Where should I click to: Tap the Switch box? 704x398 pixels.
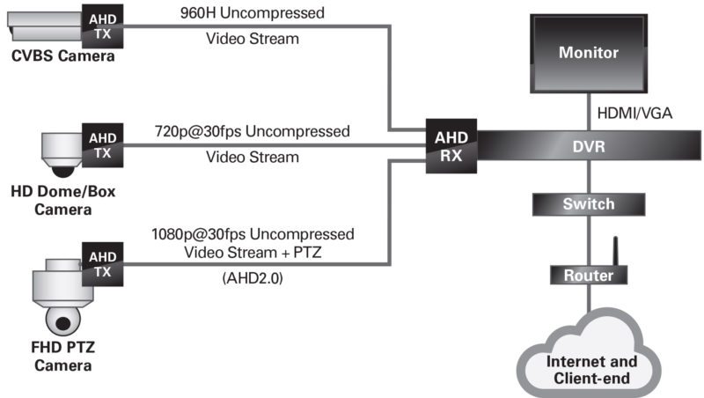coord(589,204)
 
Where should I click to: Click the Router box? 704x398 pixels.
coord(589,276)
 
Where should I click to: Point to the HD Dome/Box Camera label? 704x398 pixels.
coord(62,201)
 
